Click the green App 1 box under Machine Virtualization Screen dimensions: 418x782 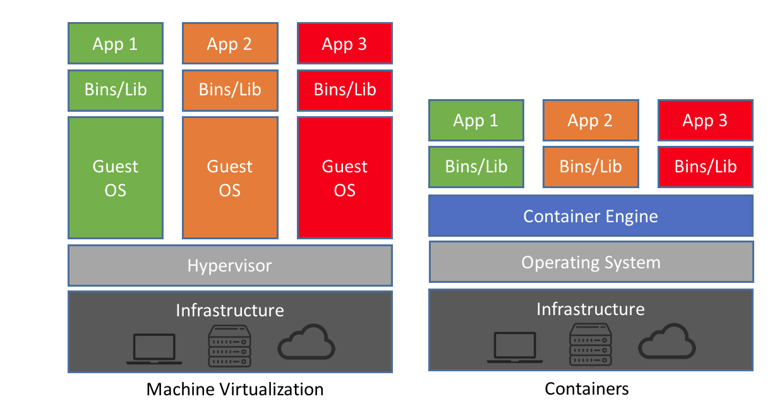coord(115,44)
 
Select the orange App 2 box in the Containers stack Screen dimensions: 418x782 coord(590,120)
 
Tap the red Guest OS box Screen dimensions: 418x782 coord(345,178)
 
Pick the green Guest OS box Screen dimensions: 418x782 coord(115,178)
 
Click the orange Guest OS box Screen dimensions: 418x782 coord(230,178)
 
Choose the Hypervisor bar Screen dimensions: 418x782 coord(230,265)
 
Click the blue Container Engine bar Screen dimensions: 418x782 coord(591,216)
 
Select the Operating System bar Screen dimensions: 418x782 coord(591,262)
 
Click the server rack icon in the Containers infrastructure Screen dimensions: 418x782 coord(590,344)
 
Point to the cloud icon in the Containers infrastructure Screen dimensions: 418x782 coord(667,343)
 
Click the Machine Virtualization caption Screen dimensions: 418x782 coord(235,389)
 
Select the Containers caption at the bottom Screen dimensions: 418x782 coord(587,388)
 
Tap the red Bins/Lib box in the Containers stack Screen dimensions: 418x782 coord(705,167)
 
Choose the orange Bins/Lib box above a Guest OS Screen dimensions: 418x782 coord(230,90)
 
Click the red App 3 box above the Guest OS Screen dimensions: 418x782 coord(345,44)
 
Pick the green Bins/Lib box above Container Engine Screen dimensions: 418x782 coord(476,167)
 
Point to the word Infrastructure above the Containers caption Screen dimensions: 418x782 coord(591,309)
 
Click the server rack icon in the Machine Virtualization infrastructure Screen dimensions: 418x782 coord(229,345)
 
